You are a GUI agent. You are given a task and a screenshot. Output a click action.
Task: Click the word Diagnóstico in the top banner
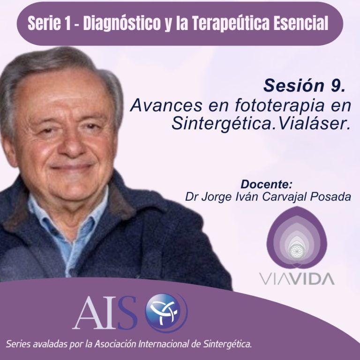122,23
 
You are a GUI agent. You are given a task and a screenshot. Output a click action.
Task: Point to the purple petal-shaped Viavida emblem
297,237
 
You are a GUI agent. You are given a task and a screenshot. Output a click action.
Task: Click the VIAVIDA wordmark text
297,278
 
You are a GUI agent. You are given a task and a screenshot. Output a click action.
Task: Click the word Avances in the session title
166,105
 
